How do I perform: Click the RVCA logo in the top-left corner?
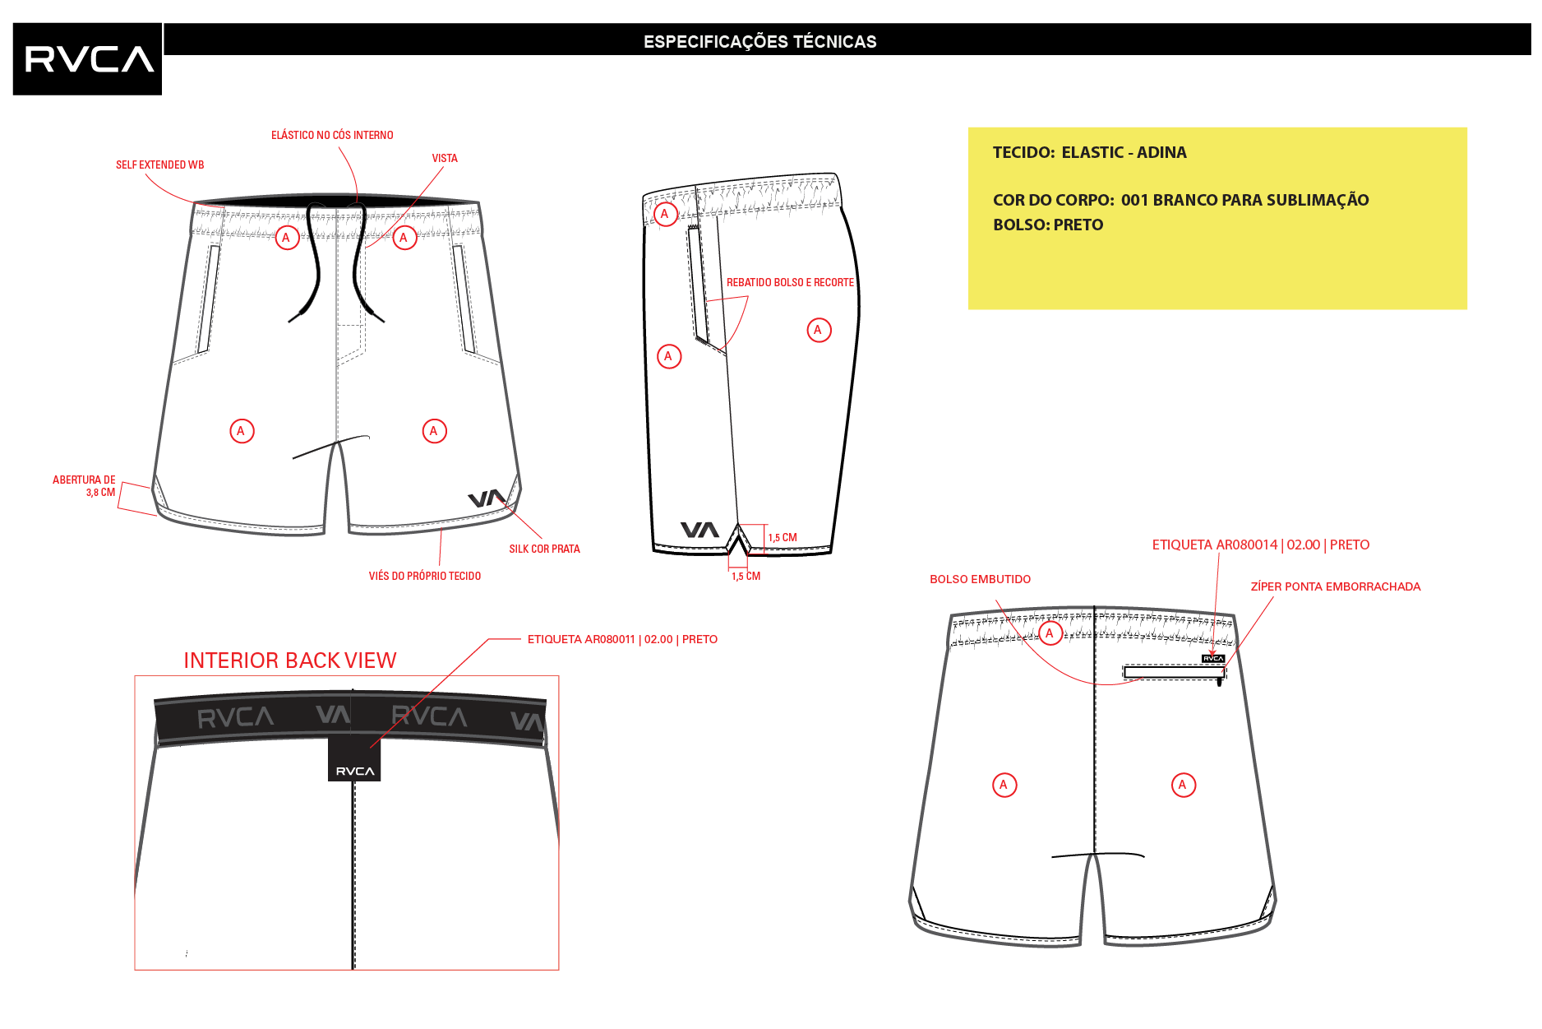coord(87,58)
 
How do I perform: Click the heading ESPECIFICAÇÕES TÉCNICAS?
coord(759,42)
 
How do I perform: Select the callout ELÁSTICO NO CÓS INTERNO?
coord(332,135)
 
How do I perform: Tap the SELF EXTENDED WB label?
coord(159,165)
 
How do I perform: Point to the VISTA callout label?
coord(445,158)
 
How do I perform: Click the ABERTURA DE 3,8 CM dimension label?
coord(84,486)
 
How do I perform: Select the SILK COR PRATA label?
coord(544,549)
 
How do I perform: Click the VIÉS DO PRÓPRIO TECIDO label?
coord(425,576)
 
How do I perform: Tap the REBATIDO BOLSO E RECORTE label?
coord(790,282)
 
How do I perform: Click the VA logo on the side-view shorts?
coord(699,530)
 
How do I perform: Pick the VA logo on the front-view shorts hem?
coord(487,498)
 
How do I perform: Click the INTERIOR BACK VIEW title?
coord(289,661)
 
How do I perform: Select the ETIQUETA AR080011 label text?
coord(622,639)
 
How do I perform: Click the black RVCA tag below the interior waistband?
coord(354,760)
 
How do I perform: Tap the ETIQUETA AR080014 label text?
coord(1260,545)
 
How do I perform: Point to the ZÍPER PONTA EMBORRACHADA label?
coord(1335,586)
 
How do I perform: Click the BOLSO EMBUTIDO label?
coord(980,579)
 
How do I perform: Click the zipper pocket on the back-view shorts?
coord(1175,673)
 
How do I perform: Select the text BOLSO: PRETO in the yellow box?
coord(1048,225)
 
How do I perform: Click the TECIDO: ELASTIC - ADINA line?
coord(1089,152)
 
